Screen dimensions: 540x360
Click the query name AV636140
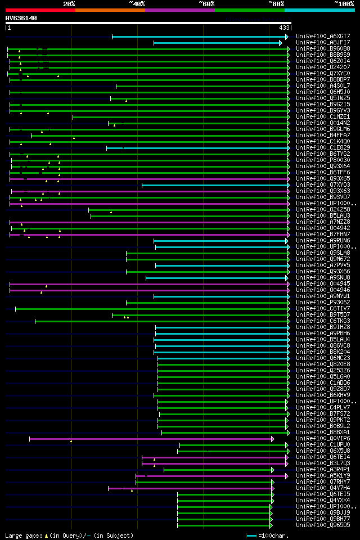(21, 18)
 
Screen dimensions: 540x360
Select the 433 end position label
(283, 28)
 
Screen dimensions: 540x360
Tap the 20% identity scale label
(69, 4)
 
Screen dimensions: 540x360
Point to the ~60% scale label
(206, 4)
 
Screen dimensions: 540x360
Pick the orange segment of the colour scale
(110, 10)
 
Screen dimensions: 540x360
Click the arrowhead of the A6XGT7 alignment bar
(286, 37)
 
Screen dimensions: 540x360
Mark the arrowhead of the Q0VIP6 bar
(273, 439)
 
